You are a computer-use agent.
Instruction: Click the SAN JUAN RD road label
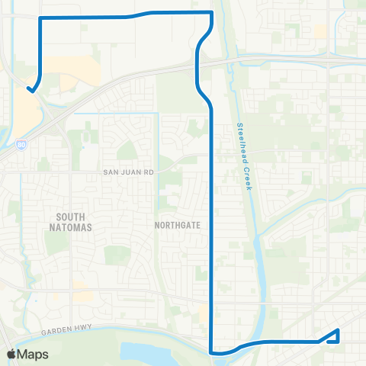pyautogui.click(x=129, y=172)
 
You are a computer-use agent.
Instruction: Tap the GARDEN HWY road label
pyautogui.click(x=69, y=323)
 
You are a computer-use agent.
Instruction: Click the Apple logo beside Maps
pyautogui.click(x=11, y=354)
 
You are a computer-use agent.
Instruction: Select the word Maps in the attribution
pyautogui.click(x=34, y=354)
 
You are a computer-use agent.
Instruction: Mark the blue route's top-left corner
pyautogui.click(x=40, y=18)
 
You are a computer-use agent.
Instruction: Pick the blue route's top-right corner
pyautogui.click(x=211, y=12)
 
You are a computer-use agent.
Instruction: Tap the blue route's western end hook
pyautogui.click(x=30, y=90)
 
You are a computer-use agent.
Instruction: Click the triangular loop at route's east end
pyautogui.click(x=333, y=336)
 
